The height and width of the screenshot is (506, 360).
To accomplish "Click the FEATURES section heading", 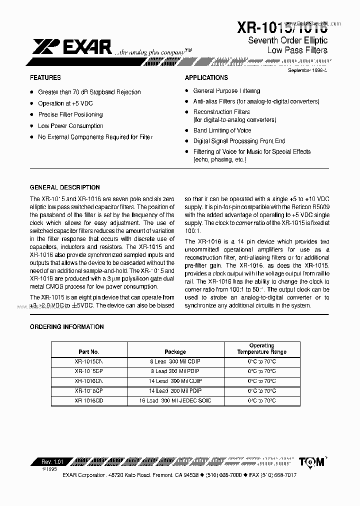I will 45,78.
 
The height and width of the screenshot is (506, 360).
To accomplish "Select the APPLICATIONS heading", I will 206,78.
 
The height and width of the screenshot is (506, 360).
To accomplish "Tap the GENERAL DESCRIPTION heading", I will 65,187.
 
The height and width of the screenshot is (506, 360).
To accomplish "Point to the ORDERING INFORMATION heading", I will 67,327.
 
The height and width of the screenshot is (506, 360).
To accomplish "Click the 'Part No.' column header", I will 88,352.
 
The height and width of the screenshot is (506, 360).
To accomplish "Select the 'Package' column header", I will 175,352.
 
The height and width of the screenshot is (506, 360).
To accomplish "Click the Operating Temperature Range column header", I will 261,349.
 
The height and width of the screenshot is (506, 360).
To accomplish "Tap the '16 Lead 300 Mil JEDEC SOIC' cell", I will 175,401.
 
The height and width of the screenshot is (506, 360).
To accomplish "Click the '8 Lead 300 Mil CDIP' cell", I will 175,361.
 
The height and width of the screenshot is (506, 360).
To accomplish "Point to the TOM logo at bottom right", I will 313,462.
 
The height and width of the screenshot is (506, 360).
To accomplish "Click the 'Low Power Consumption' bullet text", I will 70,126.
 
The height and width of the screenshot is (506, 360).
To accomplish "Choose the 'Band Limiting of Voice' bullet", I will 222,130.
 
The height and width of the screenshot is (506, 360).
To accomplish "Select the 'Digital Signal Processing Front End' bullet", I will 239,141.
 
